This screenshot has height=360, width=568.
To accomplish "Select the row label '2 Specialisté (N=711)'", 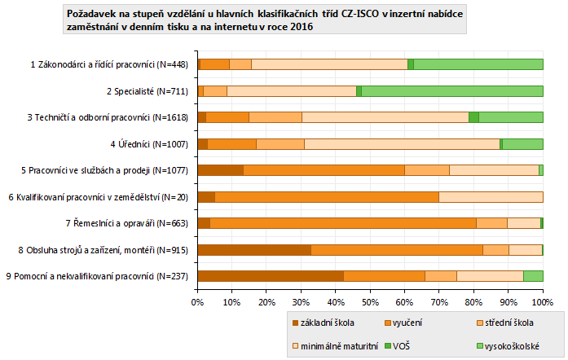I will click(x=148, y=90).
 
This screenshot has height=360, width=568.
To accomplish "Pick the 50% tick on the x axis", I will click(x=370, y=301).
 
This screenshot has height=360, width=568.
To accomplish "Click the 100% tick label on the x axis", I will click(x=543, y=301).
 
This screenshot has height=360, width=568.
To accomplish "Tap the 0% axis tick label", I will click(x=197, y=301).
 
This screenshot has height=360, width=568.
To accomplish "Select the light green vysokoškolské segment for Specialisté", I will click(x=452, y=90).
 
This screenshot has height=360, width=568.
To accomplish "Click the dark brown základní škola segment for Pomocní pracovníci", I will click(x=271, y=276).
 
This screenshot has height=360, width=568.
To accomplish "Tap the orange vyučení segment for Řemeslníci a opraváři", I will click(x=343, y=223).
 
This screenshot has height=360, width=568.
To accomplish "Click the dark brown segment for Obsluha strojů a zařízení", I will click(x=254, y=249).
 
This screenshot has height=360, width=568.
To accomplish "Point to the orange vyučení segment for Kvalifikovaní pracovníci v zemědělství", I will click(x=327, y=196).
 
